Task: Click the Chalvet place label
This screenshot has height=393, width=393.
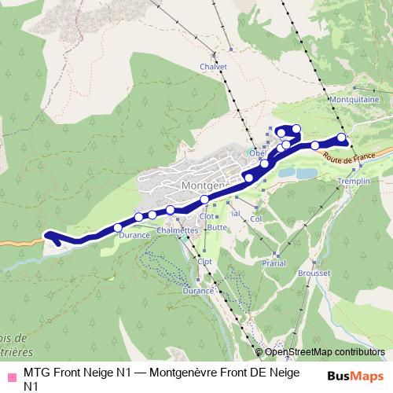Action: (213, 67)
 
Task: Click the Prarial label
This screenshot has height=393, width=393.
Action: (275, 263)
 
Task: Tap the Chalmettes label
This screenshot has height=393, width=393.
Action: (178, 230)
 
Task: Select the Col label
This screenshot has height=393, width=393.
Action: (255, 220)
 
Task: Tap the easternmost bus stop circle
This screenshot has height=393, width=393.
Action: (342, 138)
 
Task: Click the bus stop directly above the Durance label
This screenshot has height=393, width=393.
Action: (118, 228)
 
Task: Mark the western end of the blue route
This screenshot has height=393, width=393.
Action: (48, 234)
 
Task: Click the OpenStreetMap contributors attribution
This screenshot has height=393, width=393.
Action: (325, 352)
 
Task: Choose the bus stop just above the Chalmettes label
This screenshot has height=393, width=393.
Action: (170, 209)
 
